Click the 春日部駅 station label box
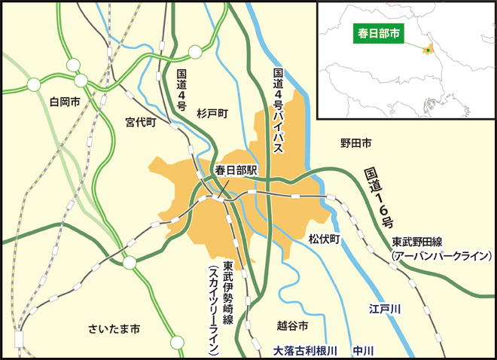pyautogui.click(x=236, y=170)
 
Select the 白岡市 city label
pyautogui.click(x=65, y=100)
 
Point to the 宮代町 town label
pyautogui.click(x=140, y=121)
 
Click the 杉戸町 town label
pyautogui.click(x=212, y=113)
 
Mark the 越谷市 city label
pyautogui.click(x=294, y=326)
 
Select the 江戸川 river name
pyautogui.click(x=386, y=309)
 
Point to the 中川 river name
pyautogui.click(x=364, y=350)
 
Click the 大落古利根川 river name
pyautogui.click(x=303, y=350)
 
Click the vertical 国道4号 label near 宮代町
pyautogui.click(x=181, y=91)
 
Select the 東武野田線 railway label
pyautogui.click(x=422, y=243)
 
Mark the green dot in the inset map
pyautogui.click(x=427, y=50)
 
